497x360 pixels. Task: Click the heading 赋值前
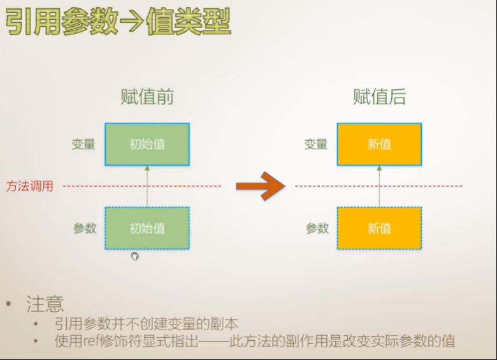point(147,97)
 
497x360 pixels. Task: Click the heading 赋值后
point(379,97)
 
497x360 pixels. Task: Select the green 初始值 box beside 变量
point(147,144)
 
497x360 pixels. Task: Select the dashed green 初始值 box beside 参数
point(147,228)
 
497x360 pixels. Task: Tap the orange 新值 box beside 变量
point(379,144)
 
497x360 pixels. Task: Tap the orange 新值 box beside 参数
point(379,228)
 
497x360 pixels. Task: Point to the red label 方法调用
point(30,187)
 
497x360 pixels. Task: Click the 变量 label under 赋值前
point(83,144)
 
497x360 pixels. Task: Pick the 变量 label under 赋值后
point(315,144)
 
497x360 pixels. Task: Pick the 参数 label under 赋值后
point(317,228)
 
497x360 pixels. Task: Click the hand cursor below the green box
point(134,256)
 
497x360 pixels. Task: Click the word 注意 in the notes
point(45,304)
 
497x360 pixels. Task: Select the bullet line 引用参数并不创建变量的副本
point(147,324)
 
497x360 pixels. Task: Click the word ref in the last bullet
point(91,341)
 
